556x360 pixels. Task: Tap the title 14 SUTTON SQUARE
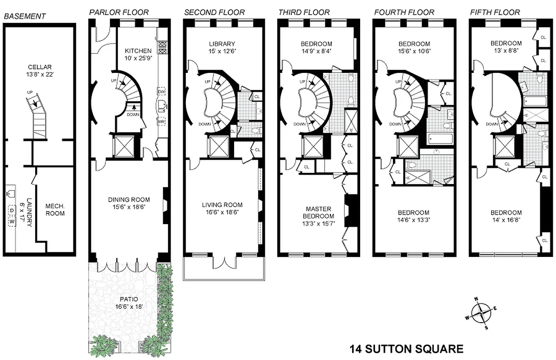(406, 348)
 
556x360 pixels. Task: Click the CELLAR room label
(39, 67)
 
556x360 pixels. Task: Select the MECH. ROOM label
(55, 210)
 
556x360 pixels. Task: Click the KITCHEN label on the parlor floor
(138, 51)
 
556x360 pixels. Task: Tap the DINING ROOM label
(128, 200)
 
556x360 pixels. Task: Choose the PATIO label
(122, 299)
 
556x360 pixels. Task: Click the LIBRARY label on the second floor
(222, 44)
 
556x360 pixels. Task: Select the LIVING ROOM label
(222, 205)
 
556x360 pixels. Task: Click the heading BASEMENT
(25, 16)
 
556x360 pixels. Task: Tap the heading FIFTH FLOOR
(495, 12)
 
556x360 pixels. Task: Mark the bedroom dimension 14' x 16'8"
(506, 220)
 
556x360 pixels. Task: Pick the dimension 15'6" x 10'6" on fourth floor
(414, 51)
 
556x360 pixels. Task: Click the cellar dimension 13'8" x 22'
(39, 75)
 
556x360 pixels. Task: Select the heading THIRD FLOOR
(304, 12)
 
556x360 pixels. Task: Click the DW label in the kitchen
(161, 92)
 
